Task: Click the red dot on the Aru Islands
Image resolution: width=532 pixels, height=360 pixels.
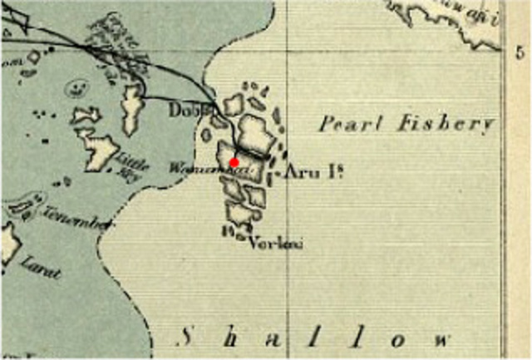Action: (x=234, y=162)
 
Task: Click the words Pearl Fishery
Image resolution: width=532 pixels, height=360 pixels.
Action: (x=406, y=125)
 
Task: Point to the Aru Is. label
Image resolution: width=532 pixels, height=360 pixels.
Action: (x=314, y=173)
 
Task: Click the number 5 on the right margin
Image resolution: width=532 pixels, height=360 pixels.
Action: (x=519, y=52)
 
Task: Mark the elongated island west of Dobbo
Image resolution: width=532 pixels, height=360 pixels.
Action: (x=131, y=105)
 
